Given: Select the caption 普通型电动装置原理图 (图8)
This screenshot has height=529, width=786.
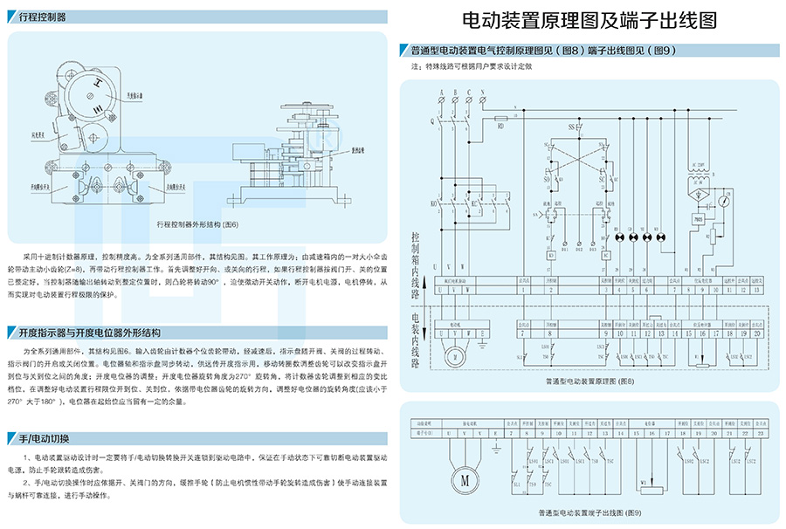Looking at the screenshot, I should coord(589,381).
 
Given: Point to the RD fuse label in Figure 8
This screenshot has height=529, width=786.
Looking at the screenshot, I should coord(501,126).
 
